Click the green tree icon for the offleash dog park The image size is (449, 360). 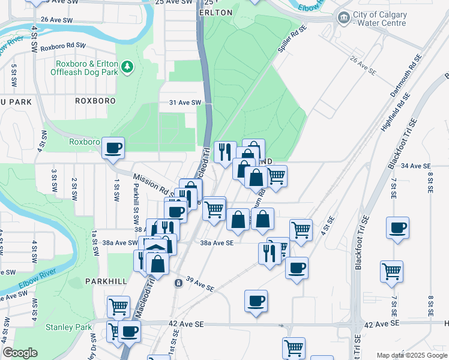(127, 67)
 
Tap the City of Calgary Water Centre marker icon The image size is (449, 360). (343, 17)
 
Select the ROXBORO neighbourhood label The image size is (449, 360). (95, 101)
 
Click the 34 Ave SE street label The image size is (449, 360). (416, 166)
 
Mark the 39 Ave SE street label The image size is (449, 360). (200, 284)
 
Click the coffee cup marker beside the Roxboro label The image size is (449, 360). (112, 147)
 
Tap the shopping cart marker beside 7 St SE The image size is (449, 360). (391, 271)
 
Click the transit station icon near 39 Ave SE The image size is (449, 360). (178, 283)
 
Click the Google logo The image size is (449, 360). (20, 353)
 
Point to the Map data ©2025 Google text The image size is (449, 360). (412, 355)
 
